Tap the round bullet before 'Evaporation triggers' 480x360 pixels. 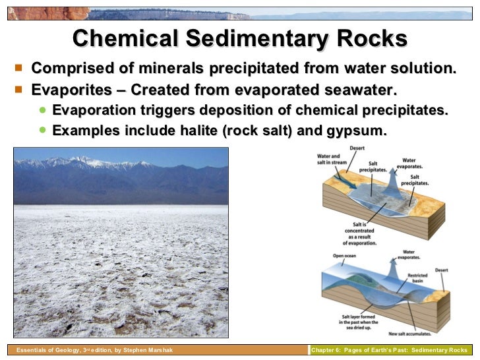tap(43, 109)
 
